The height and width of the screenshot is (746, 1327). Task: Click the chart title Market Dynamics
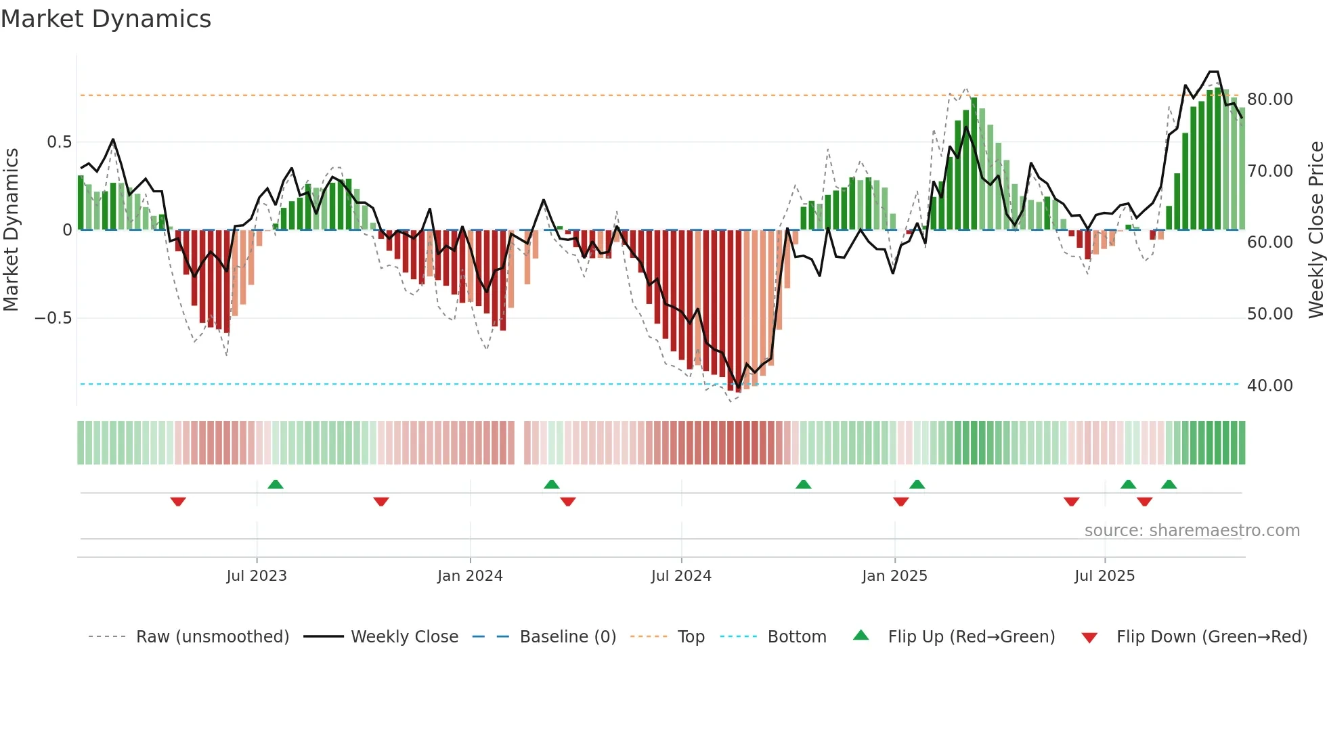(106, 19)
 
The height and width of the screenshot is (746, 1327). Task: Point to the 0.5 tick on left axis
(59, 142)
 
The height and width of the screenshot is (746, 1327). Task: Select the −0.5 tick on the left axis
(53, 318)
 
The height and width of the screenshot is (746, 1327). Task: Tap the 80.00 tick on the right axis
(1269, 100)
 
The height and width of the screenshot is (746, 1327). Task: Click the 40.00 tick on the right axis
(1269, 386)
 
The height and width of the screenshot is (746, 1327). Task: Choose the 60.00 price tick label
(1269, 242)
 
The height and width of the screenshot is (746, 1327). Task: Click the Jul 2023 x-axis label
(257, 576)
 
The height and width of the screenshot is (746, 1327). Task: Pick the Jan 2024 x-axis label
(470, 576)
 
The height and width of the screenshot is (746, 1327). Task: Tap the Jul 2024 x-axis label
(681, 576)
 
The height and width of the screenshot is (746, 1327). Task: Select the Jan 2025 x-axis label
(894, 576)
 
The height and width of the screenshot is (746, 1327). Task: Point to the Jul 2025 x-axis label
(1104, 576)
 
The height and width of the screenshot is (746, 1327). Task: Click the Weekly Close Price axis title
(1315, 229)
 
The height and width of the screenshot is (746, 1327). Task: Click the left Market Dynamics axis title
(11, 229)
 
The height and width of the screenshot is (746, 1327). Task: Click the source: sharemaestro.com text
(1192, 531)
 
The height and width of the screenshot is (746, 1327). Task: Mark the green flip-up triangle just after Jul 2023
(276, 485)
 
